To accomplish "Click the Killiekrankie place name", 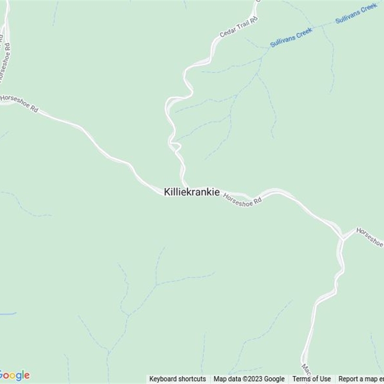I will (192, 192).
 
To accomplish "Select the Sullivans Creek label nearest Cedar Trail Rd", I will (291, 37).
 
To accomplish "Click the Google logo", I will (14, 375).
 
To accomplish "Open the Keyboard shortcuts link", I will (178, 379).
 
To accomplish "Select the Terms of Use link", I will (312, 379).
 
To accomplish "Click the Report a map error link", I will (361, 379).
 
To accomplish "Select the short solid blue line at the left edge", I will (7, 314).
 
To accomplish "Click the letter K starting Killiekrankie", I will (167, 192).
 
